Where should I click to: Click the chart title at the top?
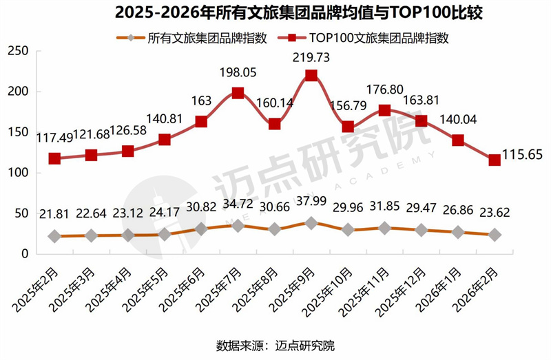(275, 12)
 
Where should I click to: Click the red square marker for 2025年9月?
(311, 76)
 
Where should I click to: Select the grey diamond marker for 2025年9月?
(311, 223)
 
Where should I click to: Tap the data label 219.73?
(311, 59)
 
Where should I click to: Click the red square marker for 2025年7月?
(238, 93)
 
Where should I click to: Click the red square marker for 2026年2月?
(494, 160)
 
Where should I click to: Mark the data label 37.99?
(311, 205)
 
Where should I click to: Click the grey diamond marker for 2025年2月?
(54, 236)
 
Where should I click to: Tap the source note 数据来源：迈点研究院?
(275, 345)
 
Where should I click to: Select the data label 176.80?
(384, 91)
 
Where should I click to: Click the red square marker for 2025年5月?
(165, 140)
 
